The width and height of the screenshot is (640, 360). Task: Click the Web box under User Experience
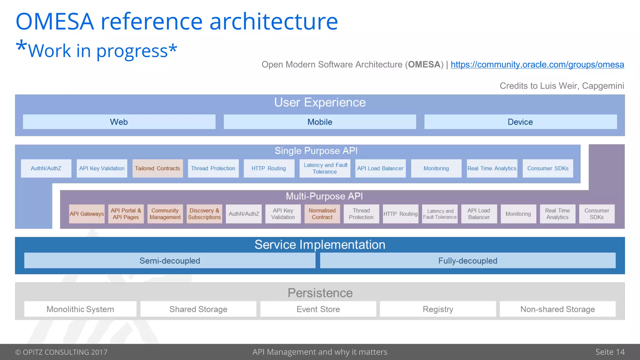tap(119, 122)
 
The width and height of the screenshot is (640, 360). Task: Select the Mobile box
tap(320, 122)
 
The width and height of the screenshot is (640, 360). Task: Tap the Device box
tap(520, 122)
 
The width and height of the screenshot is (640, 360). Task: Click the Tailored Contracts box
tap(157, 168)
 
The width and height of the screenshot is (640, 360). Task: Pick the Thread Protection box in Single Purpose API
tap(213, 168)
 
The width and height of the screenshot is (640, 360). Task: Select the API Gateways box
tap(87, 214)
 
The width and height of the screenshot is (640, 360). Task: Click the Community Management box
tap(165, 214)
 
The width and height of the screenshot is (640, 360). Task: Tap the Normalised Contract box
tap(322, 214)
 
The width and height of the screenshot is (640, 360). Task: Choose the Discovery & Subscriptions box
tap(204, 214)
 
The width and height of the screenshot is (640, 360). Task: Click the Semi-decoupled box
tap(170, 261)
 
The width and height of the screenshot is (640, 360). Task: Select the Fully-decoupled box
tap(467, 261)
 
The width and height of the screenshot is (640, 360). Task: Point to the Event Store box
tap(318, 309)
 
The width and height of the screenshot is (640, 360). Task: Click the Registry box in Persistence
tap(438, 309)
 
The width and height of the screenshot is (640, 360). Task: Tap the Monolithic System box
tap(80, 309)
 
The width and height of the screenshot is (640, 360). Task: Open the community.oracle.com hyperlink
tap(537, 65)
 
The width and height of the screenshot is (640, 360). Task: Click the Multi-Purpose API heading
tap(324, 196)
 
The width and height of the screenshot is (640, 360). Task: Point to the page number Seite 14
tap(610, 352)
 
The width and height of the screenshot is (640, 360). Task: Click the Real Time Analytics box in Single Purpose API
tap(492, 168)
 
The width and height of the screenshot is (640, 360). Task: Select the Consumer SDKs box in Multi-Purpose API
tap(597, 214)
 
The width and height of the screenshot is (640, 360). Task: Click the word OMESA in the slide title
tap(55, 22)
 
